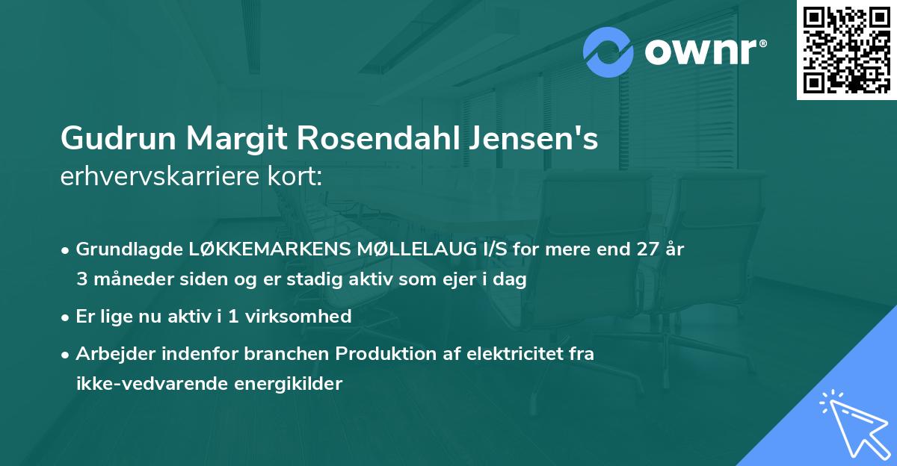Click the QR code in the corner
coord(847,50)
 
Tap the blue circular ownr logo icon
coord(608,52)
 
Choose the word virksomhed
coord(304,316)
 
